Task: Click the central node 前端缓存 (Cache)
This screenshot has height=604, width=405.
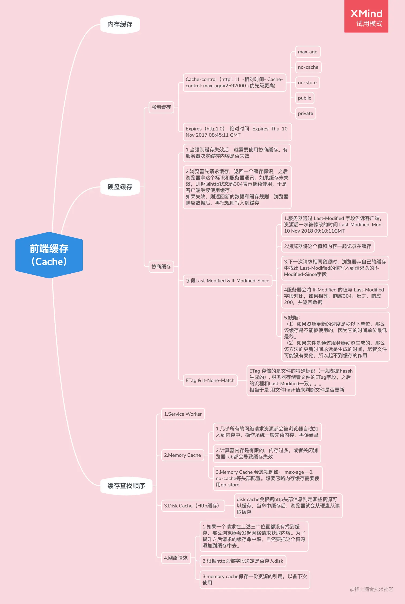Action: [x=49, y=255]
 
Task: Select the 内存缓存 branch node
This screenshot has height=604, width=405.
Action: [x=120, y=25]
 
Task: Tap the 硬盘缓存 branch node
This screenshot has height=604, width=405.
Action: [x=120, y=187]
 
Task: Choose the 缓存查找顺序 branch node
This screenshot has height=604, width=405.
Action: [x=126, y=486]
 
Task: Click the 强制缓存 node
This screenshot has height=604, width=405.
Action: [x=161, y=107]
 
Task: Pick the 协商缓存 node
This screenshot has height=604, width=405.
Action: [x=161, y=267]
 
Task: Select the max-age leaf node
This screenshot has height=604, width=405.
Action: [x=307, y=52]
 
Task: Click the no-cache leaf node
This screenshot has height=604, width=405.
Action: [x=308, y=67]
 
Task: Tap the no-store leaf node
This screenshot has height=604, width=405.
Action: [x=307, y=83]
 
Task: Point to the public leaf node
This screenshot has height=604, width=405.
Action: [x=305, y=98]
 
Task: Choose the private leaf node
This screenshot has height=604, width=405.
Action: [x=305, y=113]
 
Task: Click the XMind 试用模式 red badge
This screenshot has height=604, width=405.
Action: [x=366, y=17]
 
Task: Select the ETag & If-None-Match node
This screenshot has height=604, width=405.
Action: [x=210, y=381]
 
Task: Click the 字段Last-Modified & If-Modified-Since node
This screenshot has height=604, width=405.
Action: [x=227, y=281]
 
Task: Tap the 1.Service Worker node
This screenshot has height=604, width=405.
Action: [x=183, y=414]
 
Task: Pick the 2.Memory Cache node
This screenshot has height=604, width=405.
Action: [x=182, y=455]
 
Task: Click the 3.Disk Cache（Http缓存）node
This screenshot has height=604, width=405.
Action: [x=193, y=506]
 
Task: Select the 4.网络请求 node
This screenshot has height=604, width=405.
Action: [x=176, y=558]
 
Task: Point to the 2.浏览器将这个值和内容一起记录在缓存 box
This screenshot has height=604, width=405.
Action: [x=328, y=246]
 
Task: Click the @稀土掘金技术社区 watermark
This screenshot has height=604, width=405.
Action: [x=371, y=589]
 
